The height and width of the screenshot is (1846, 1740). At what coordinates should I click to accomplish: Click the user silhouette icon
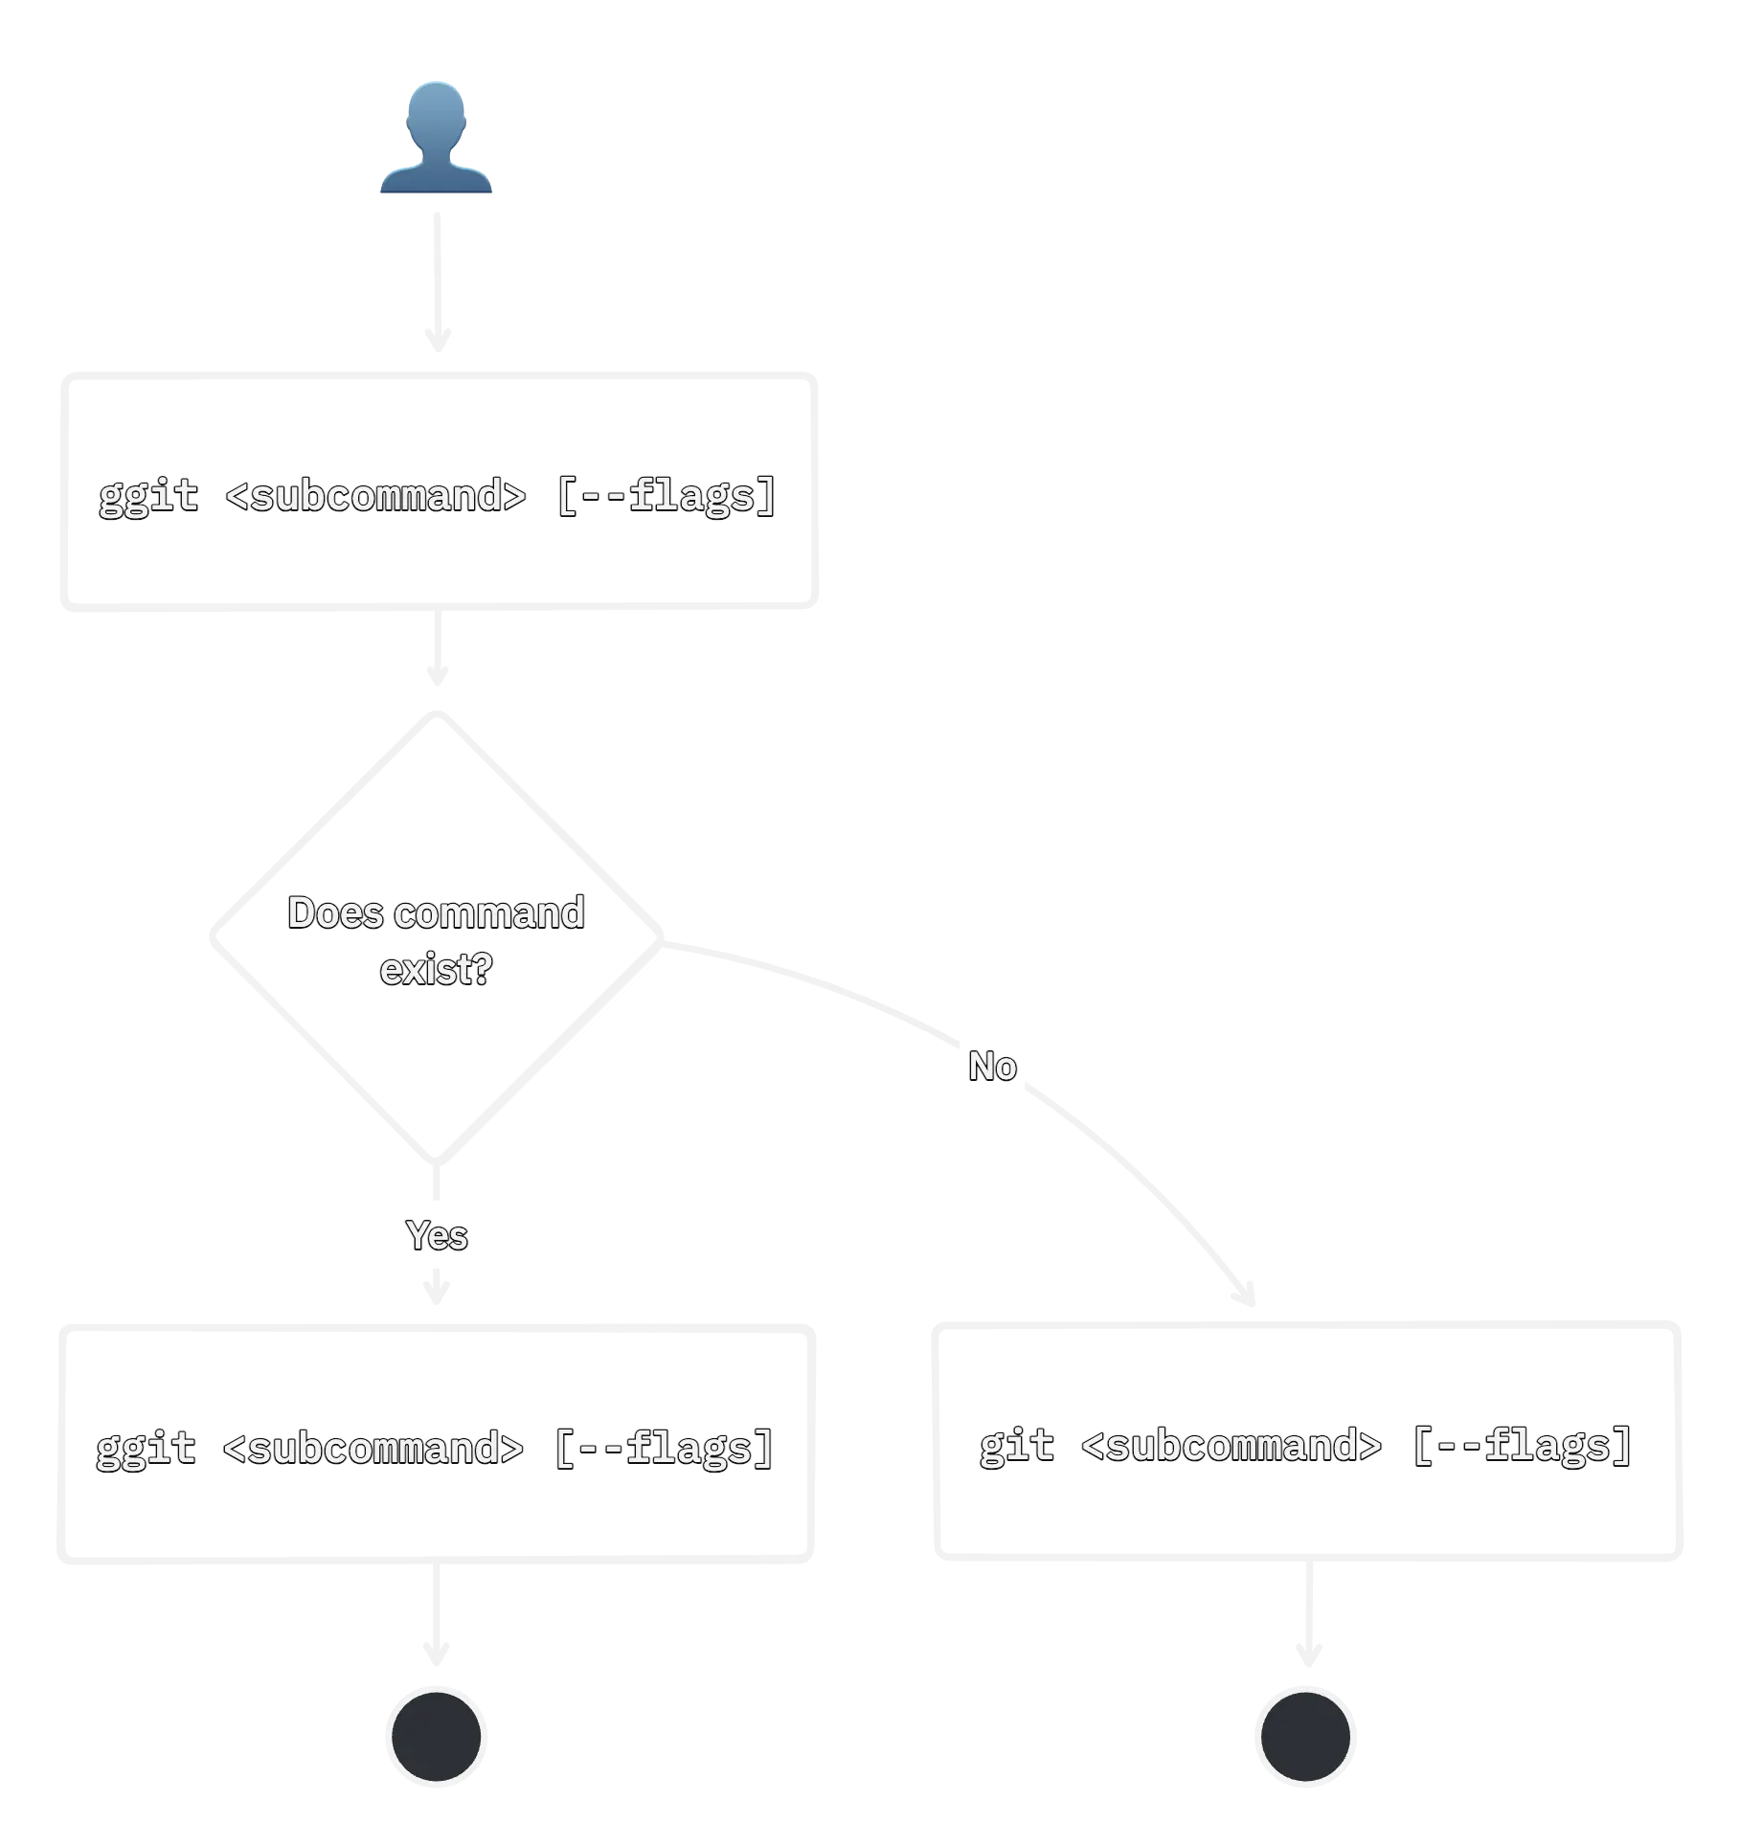pyautogui.click(x=436, y=139)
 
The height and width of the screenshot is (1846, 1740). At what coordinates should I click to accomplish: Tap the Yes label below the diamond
pyautogui.click(x=437, y=1235)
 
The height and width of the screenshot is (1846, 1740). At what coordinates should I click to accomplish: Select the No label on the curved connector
pyautogui.click(x=992, y=1066)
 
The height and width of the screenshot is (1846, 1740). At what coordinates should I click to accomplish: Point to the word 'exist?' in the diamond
pyautogui.click(x=436, y=969)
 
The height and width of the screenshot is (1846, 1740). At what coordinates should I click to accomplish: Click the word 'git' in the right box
pyautogui.click(x=1017, y=1444)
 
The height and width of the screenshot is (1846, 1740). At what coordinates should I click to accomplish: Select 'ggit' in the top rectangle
pyautogui.click(x=148, y=495)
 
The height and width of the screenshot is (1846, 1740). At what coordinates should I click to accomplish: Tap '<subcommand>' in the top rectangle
pyautogui.click(x=375, y=495)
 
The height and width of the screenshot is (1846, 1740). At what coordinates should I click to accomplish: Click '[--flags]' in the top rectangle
pyautogui.click(x=667, y=495)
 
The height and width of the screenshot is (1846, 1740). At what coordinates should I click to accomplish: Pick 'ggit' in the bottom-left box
pyautogui.click(x=146, y=1447)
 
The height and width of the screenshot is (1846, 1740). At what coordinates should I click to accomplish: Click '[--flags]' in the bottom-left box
pyautogui.click(x=664, y=1447)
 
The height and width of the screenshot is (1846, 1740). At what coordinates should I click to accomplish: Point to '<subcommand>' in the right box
pyautogui.click(x=1231, y=1444)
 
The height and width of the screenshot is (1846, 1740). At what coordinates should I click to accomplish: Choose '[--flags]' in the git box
pyautogui.click(x=1523, y=1444)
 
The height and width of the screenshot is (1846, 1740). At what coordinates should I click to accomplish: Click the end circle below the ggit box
pyautogui.click(x=437, y=1736)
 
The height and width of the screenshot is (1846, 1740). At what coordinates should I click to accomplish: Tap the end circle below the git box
pyautogui.click(x=1306, y=1736)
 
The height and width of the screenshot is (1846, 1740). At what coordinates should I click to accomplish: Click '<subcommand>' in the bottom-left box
pyautogui.click(x=373, y=1447)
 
